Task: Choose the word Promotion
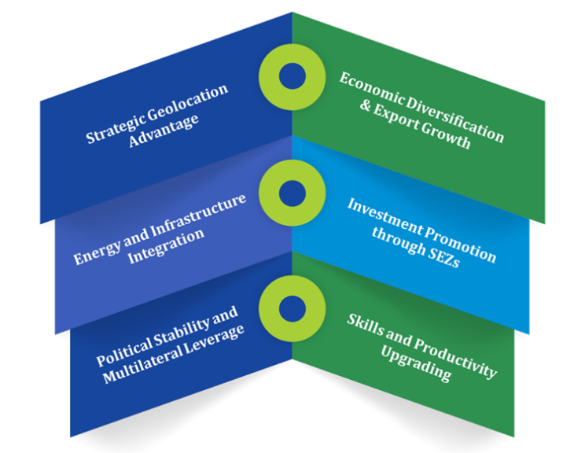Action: (x=458, y=242)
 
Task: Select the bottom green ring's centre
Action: (x=292, y=304)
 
